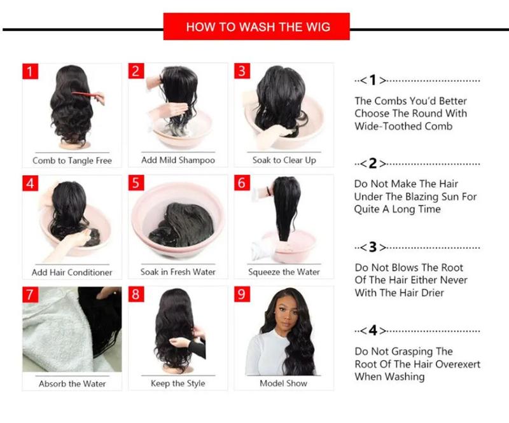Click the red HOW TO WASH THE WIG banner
point(256,27)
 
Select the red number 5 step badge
point(136,183)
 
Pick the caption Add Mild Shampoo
point(178,160)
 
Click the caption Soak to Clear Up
point(284,160)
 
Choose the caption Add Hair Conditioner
point(72,272)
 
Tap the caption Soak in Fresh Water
point(178,272)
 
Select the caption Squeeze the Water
point(284,272)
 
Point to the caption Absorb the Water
point(72,384)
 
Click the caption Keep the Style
point(178,384)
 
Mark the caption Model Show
point(284,384)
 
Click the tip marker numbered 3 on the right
point(373,247)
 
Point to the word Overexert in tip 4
point(457,364)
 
